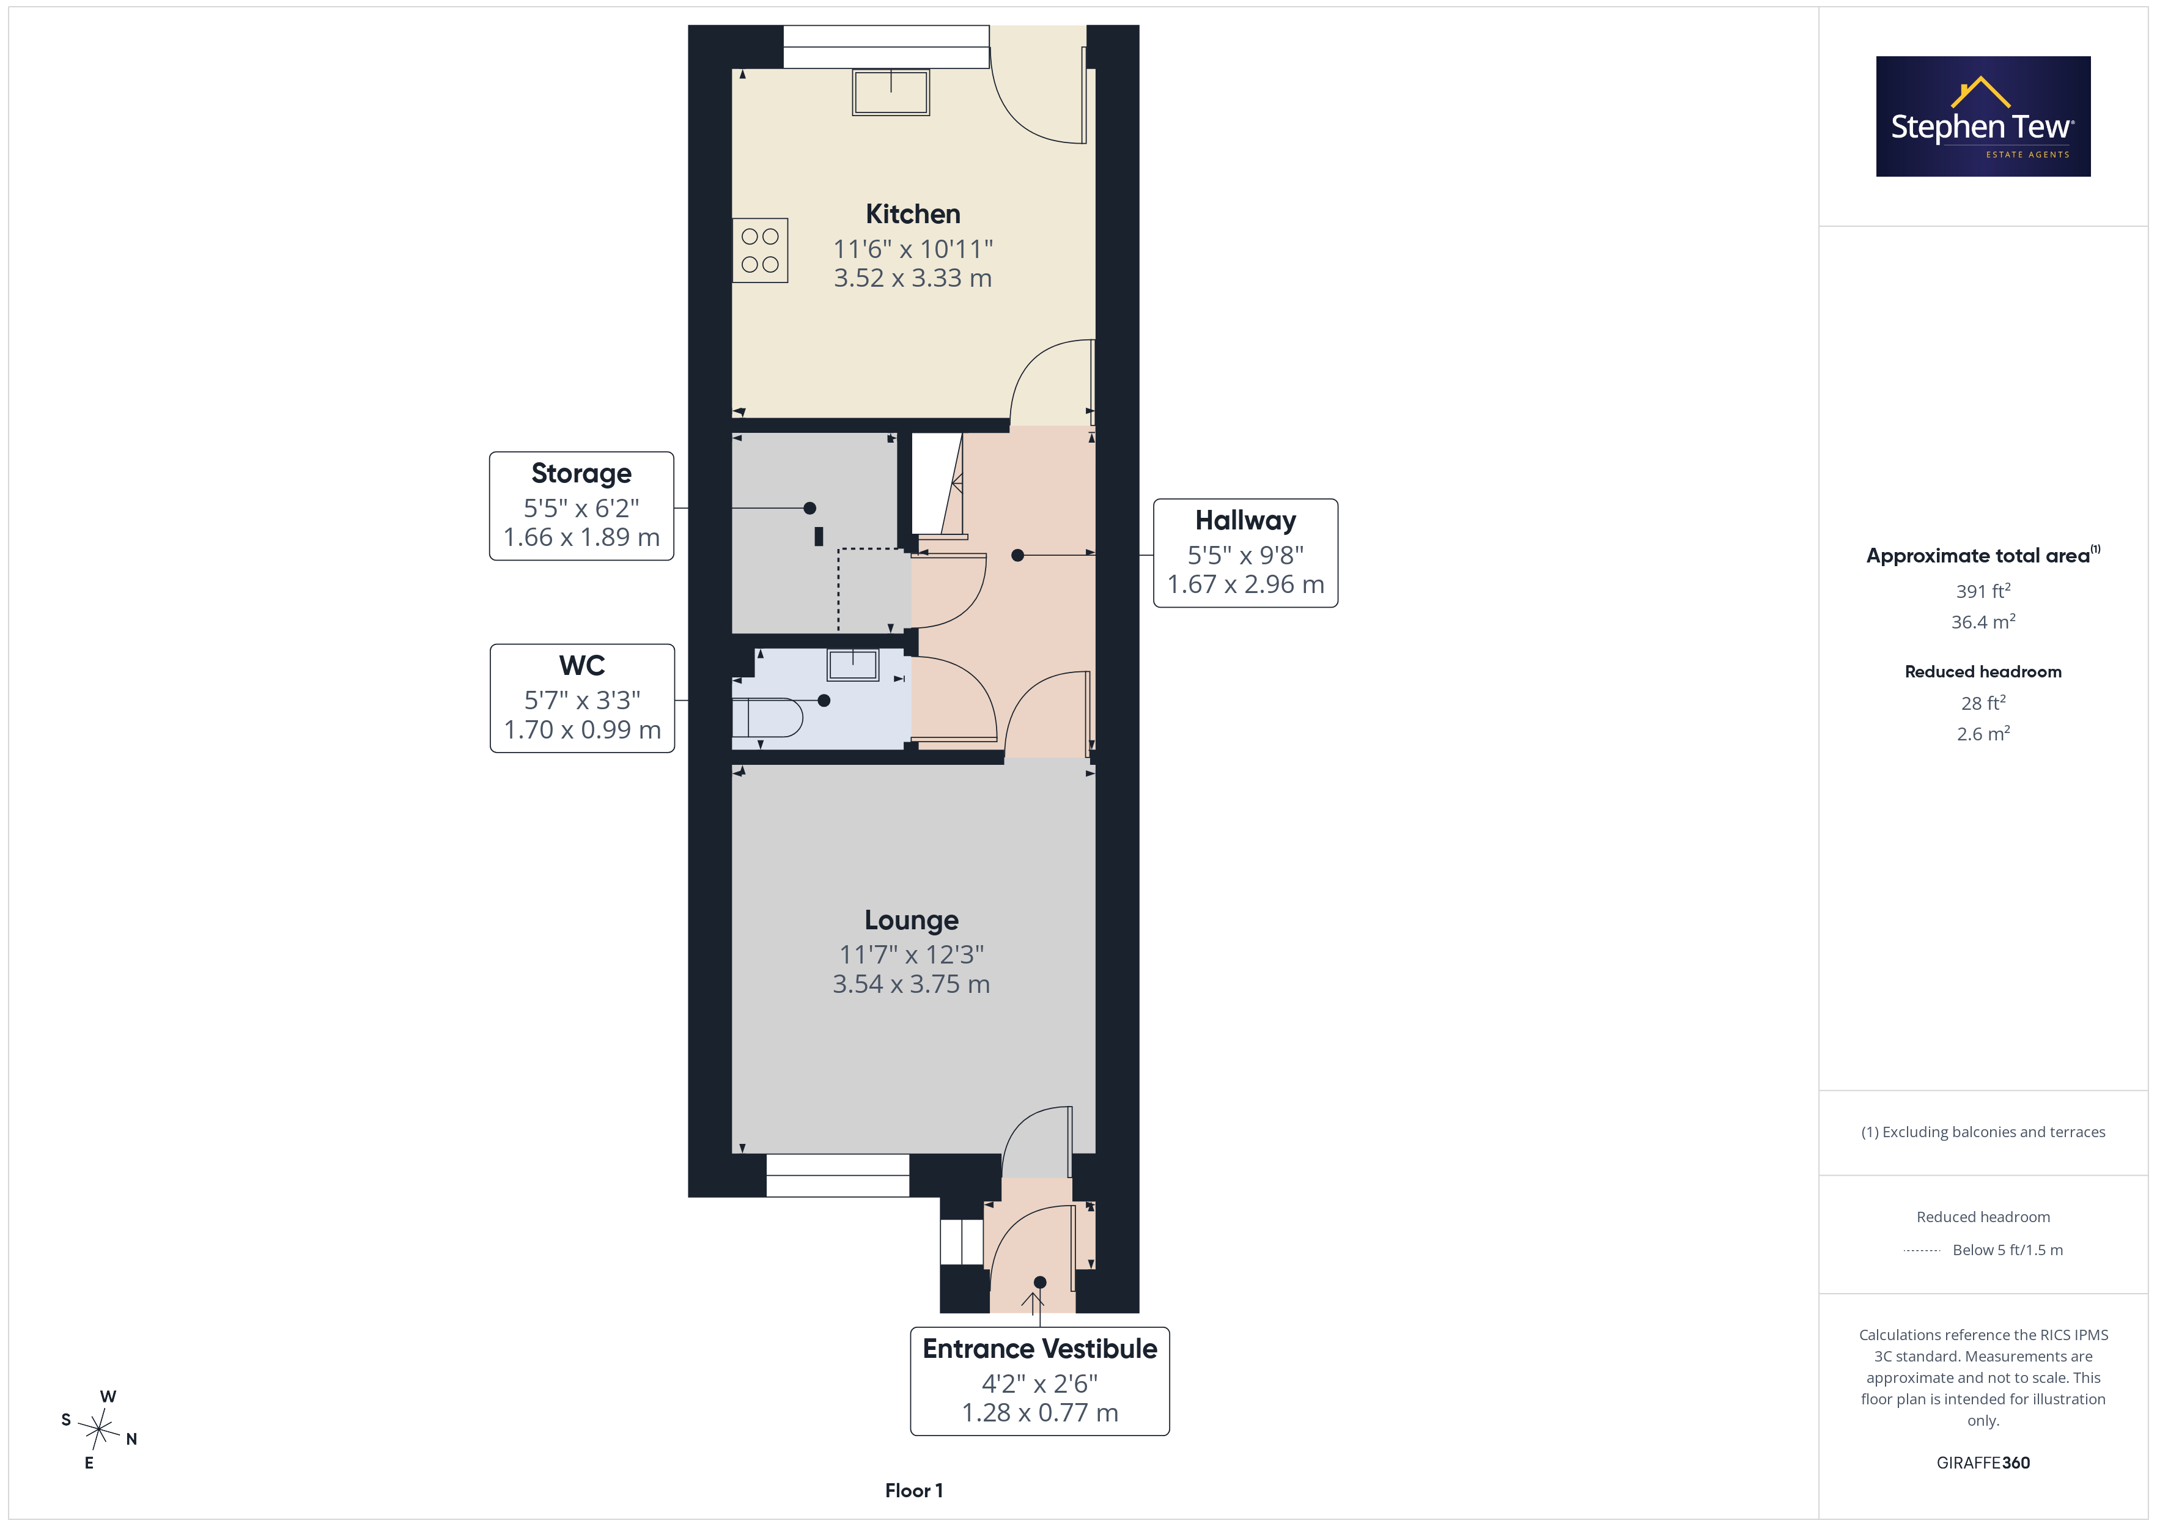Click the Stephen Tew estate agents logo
(x=1983, y=117)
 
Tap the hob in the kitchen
(x=760, y=251)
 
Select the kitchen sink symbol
(x=891, y=92)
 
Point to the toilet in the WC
(x=767, y=718)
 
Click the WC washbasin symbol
(x=853, y=665)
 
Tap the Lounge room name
(x=911, y=920)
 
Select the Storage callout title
(x=581, y=474)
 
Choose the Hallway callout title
(x=1246, y=520)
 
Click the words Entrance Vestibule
(x=1040, y=1349)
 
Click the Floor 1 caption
(x=914, y=1491)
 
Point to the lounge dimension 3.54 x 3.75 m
(x=911, y=984)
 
